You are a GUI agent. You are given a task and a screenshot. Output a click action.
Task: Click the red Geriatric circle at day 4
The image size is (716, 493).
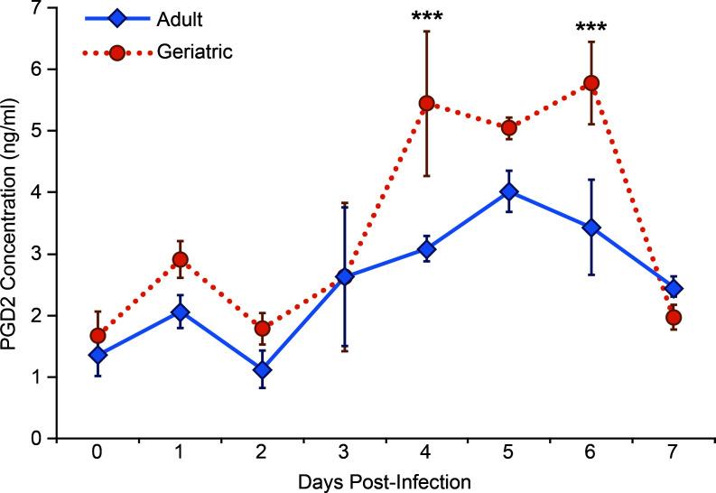pyautogui.click(x=427, y=103)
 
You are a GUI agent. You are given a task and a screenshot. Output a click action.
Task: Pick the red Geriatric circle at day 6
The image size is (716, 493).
pyautogui.click(x=592, y=83)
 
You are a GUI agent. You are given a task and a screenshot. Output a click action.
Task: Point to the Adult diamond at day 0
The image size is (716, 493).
pyautogui.click(x=97, y=355)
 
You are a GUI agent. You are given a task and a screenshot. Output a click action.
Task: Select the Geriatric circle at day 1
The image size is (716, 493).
pyautogui.click(x=180, y=260)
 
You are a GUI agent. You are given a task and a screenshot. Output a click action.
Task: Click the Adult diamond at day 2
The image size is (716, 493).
pyautogui.click(x=262, y=370)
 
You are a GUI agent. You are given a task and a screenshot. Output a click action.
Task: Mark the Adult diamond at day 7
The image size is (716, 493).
pyautogui.click(x=674, y=289)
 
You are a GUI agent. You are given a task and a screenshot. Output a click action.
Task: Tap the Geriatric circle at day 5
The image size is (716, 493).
pyautogui.click(x=509, y=127)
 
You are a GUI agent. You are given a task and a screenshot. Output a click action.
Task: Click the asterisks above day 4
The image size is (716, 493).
pyautogui.click(x=427, y=15)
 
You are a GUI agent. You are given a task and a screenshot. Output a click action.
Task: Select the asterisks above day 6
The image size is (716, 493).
pyautogui.click(x=592, y=26)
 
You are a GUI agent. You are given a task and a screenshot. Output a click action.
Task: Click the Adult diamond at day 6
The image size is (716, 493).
pyautogui.click(x=592, y=228)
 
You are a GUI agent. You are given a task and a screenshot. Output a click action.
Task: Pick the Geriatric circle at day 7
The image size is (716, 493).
pyautogui.click(x=674, y=318)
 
